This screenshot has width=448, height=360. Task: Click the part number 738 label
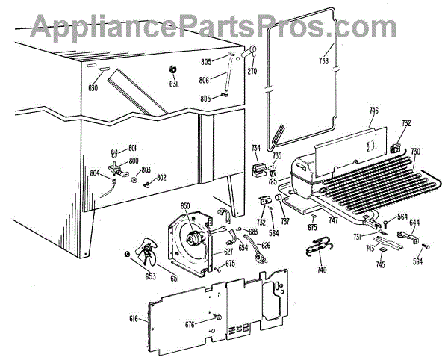(x=323, y=60)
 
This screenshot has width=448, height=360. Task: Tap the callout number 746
(x=373, y=111)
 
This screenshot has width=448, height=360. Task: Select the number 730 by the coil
(x=416, y=151)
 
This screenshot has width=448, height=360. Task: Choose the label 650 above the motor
(x=185, y=205)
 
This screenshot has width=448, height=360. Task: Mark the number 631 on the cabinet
(x=174, y=84)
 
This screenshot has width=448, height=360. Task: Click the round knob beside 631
(x=174, y=70)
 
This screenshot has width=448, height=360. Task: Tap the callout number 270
(x=252, y=72)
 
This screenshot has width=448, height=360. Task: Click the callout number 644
(x=414, y=222)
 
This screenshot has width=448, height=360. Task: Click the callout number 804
(x=95, y=173)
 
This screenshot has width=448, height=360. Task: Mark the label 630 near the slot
(x=93, y=88)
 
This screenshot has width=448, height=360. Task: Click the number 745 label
(x=381, y=265)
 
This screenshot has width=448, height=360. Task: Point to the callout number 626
(x=266, y=244)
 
